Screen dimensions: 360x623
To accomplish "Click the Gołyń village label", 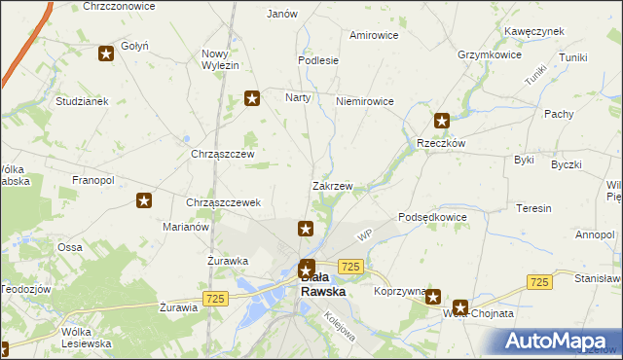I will [133, 46].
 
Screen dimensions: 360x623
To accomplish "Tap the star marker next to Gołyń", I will [106, 54].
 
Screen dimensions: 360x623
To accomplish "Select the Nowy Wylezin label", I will [220, 59].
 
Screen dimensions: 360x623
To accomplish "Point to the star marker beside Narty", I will [252, 97].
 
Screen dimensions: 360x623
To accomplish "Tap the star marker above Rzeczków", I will [442, 122].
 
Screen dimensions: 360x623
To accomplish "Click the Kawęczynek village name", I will [534, 31].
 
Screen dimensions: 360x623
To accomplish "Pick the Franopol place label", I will [93, 181].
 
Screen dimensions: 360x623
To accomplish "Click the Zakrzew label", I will [332, 185].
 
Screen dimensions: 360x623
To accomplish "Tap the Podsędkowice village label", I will [433, 217].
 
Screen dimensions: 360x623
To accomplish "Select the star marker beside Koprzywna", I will [433, 299].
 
